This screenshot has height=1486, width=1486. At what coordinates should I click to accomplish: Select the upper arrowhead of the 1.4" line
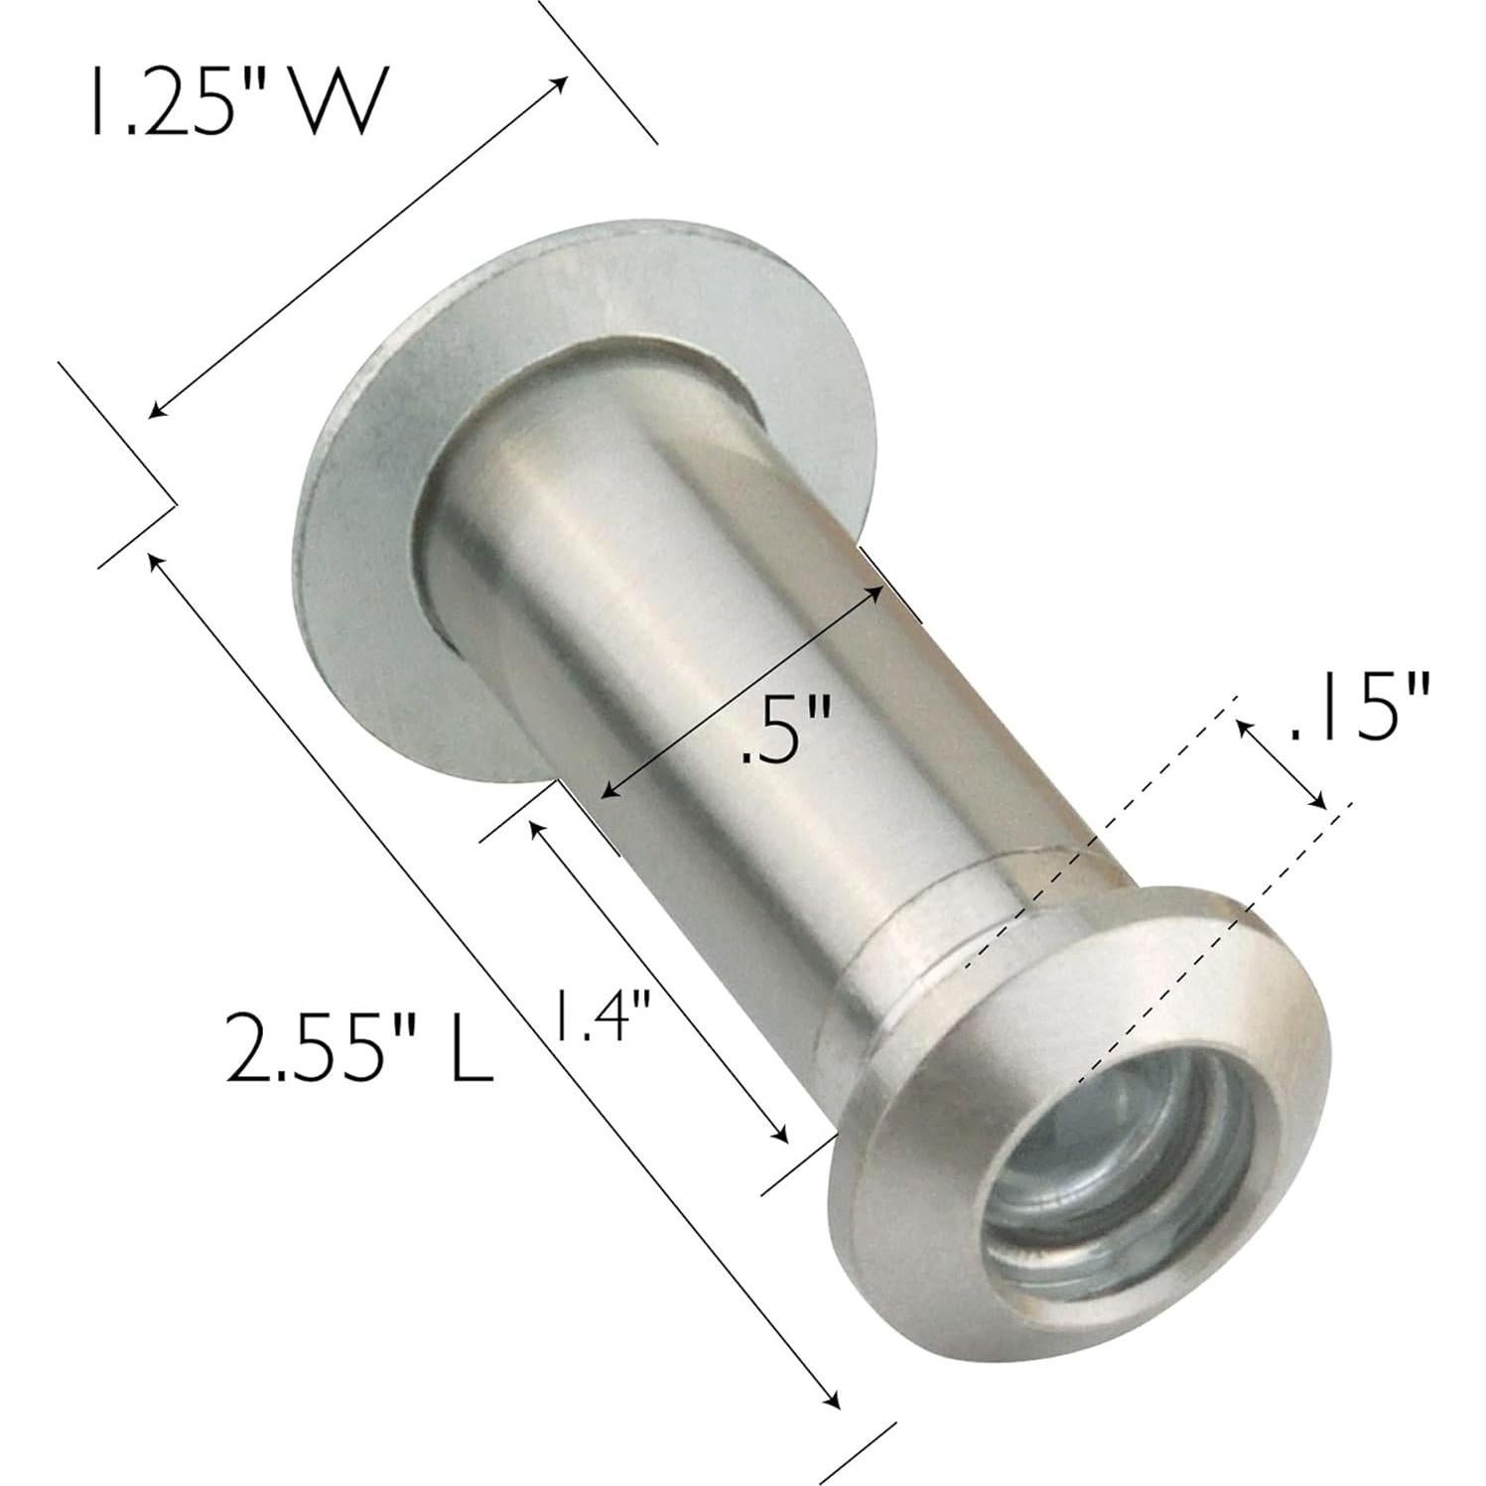(536, 825)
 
